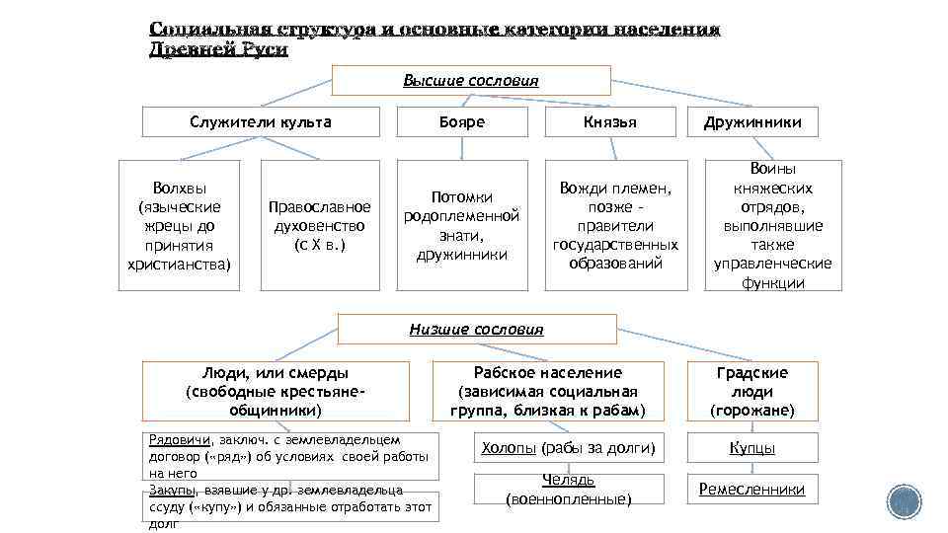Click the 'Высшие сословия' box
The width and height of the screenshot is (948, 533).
pyautogui.click(x=471, y=80)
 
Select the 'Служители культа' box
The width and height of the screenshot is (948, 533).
pyautogui.click(x=261, y=122)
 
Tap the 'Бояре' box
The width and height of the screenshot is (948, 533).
pyautogui.click(x=461, y=122)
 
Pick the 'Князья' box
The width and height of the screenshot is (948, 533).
pyautogui.click(x=610, y=122)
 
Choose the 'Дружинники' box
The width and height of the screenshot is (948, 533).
pyautogui.click(x=752, y=122)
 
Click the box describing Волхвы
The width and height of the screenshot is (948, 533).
pyautogui.click(x=180, y=225)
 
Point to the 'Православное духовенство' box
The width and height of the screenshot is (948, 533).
pyautogui.click(x=320, y=225)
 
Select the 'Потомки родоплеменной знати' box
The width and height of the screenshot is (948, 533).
pyautogui.click(x=461, y=225)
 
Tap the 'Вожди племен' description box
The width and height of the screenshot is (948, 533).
pyautogui.click(x=616, y=225)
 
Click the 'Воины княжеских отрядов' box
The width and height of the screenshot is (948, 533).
pyautogui.click(x=773, y=225)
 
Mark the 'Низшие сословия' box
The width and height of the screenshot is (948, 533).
pyautogui.click(x=477, y=329)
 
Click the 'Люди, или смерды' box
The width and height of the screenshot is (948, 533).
pyautogui.click(x=276, y=391)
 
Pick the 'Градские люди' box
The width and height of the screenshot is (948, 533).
pyautogui.click(x=752, y=391)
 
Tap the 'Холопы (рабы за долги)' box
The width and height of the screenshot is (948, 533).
pyautogui.click(x=567, y=449)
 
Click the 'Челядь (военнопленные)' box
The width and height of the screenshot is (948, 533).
pyautogui.click(x=568, y=490)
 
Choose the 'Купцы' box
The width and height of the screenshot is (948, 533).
pyautogui.click(x=752, y=449)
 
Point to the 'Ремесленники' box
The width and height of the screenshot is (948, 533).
pyautogui.click(x=752, y=490)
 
